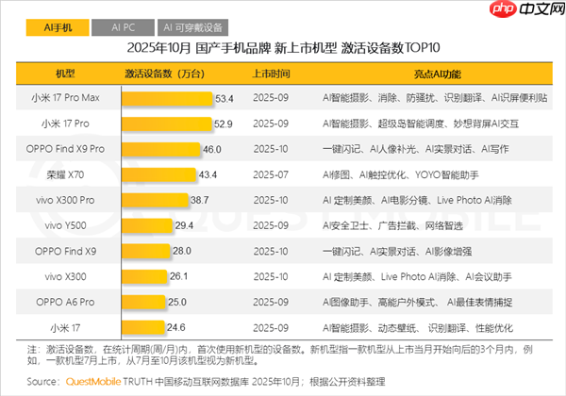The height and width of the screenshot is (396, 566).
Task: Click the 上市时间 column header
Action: (272, 73)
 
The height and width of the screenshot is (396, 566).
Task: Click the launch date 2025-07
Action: (272, 174)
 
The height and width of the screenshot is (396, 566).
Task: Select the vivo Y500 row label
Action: (64, 224)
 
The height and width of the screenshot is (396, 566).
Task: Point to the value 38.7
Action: (199, 200)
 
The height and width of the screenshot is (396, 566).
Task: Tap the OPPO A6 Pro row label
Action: (64, 301)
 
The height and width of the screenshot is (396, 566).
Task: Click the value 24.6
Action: (177, 326)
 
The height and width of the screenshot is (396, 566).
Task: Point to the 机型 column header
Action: (64, 73)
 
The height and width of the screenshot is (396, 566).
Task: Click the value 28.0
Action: (182, 250)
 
